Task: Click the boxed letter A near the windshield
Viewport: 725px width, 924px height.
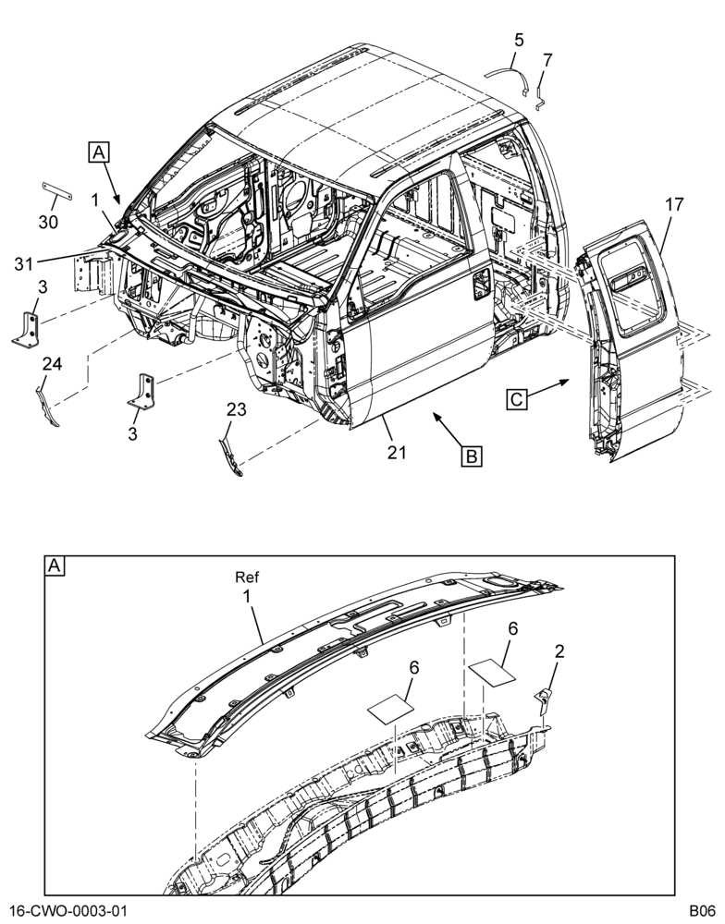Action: click(x=99, y=152)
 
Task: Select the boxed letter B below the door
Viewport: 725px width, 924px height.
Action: click(x=472, y=456)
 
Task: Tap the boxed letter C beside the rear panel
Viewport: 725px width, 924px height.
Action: click(x=516, y=399)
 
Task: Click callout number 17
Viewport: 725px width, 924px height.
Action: click(x=674, y=204)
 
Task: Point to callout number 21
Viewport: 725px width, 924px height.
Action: click(x=397, y=452)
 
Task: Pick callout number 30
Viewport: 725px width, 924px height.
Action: click(x=48, y=222)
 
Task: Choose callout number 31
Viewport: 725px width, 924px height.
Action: click(x=24, y=264)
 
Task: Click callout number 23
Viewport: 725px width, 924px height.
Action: click(x=237, y=409)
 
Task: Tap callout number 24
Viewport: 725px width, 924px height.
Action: click(x=52, y=364)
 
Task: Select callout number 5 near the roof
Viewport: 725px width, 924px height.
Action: click(x=519, y=40)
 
